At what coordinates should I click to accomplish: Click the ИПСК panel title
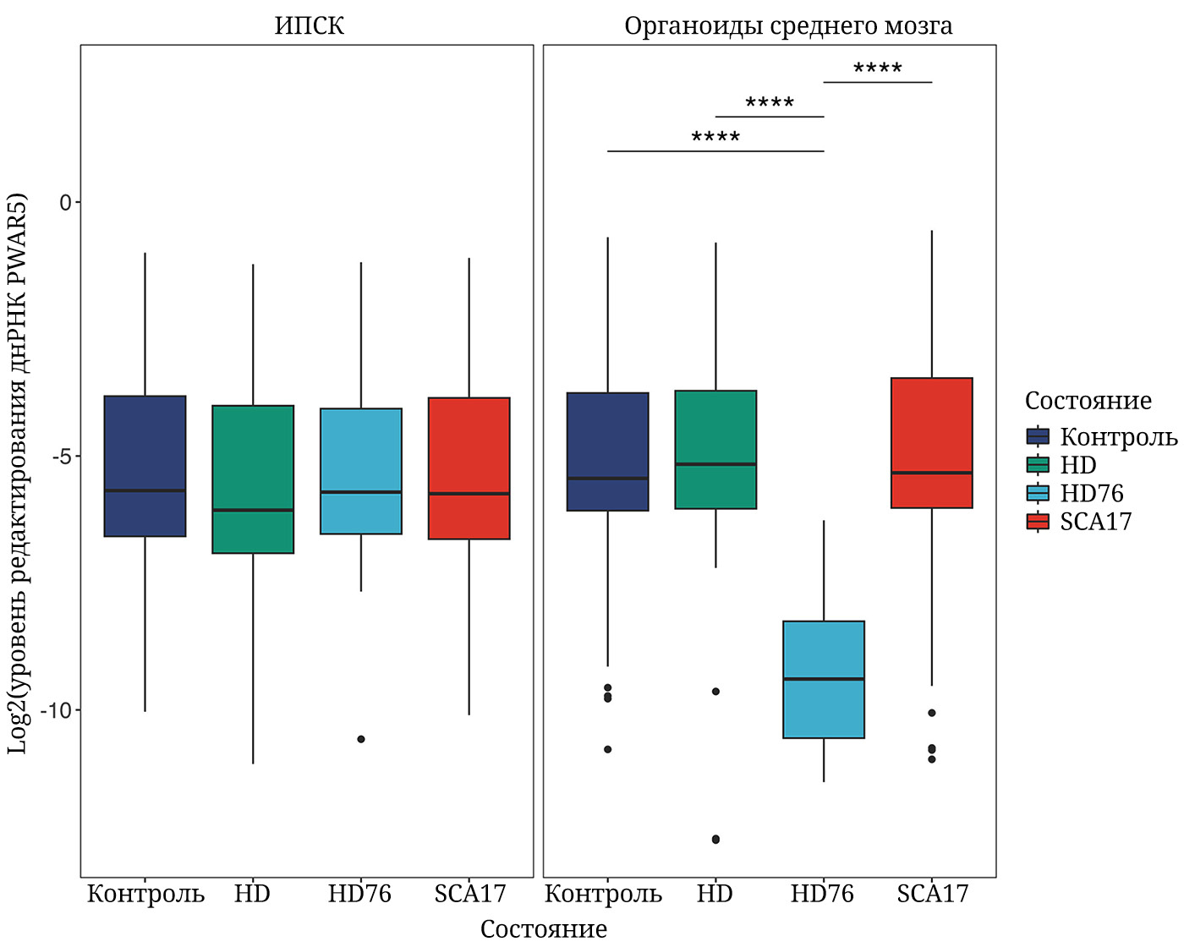(309, 26)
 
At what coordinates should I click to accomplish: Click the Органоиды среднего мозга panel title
(788, 26)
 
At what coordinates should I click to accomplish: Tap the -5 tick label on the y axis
(62, 457)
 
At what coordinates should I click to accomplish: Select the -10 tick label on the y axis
(57, 710)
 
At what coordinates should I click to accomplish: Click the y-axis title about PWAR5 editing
(18, 473)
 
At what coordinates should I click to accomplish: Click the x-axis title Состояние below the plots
(543, 928)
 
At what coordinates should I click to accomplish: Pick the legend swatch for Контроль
(1038, 436)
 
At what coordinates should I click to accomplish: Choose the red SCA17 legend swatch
(1038, 521)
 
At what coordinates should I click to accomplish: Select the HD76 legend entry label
(1091, 493)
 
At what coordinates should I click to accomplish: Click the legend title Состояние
(1088, 400)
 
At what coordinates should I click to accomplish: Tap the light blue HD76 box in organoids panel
(824, 680)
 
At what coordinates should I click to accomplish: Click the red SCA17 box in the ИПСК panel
(469, 468)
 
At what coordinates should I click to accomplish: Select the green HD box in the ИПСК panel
(253, 479)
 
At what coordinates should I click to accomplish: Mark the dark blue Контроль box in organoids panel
(608, 452)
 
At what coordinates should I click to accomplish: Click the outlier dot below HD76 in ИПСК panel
(361, 739)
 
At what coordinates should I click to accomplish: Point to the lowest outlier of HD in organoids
(715, 840)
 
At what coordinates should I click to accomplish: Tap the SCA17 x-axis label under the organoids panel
(932, 894)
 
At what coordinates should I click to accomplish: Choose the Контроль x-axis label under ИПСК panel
(145, 894)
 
